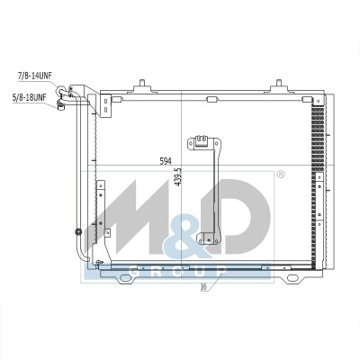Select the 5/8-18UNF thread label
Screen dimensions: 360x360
(x=29, y=98)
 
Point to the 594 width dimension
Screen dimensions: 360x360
(x=166, y=161)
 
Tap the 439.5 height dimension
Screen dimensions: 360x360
(x=178, y=176)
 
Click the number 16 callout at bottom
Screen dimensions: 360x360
(x=203, y=287)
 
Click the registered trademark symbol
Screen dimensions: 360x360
(x=280, y=175)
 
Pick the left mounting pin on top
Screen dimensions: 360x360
(x=142, y=83)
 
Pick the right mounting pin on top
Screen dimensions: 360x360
(x=279, y=83)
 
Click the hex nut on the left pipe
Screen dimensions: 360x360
(x=78, y=231)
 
